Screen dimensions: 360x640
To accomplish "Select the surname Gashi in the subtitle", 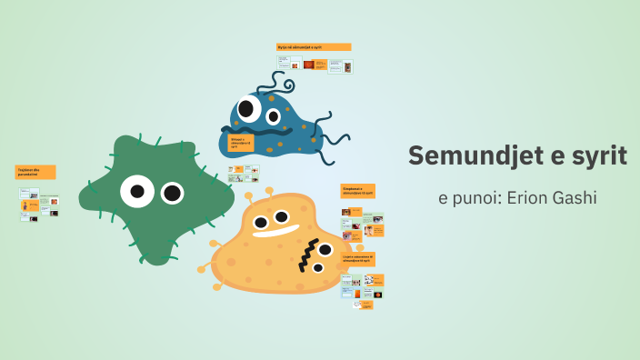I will click(575, 197).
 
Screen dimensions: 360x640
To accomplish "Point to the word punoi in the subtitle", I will click(474, 197).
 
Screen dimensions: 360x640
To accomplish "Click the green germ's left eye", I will click(137, 191).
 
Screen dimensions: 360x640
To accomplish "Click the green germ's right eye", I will click(172, 193).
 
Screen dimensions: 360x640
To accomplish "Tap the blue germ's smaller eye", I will click(273, 115).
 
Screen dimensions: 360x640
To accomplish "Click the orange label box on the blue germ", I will click(241, 143).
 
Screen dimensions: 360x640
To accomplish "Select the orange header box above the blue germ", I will click(313, 46).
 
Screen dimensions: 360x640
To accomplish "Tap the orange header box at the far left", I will click(35, 172).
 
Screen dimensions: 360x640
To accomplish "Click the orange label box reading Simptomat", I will click(357, 191).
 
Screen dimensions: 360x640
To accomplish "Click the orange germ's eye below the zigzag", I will click(317, 268).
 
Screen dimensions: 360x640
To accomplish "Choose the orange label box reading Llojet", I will click(357, 259).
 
